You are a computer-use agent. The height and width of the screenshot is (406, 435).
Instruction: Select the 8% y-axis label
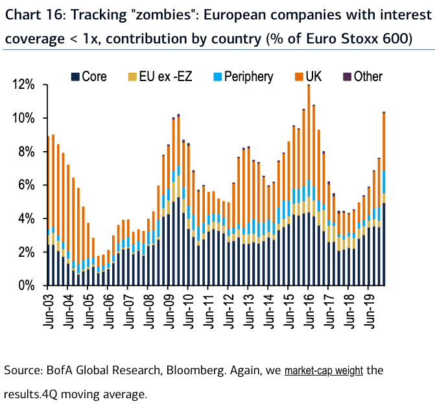click(x=29, y=152)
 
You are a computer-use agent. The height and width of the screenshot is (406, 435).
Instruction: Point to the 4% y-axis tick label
click(x=29, y=219)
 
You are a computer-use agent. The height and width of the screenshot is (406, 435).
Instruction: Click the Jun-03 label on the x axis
click(x=48, y=309)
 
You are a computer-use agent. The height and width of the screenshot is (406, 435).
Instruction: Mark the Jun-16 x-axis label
click(x=308, y=309)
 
